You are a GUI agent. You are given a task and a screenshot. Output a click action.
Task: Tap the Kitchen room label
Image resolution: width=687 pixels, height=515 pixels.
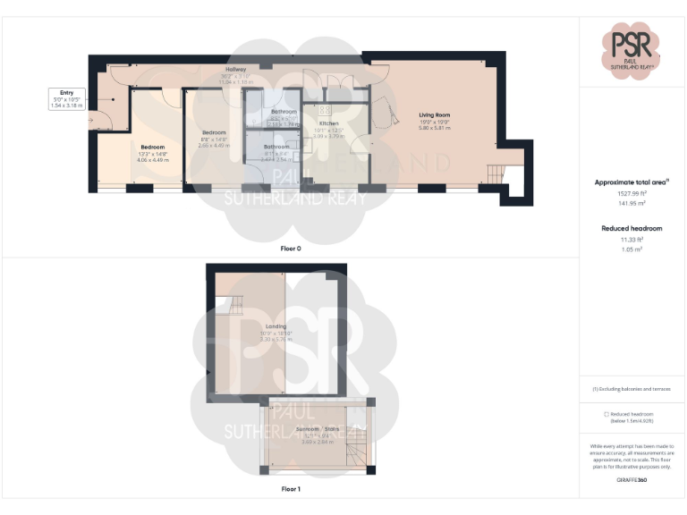click(328, 122)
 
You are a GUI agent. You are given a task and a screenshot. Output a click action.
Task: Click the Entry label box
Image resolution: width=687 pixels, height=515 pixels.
click(66, 98)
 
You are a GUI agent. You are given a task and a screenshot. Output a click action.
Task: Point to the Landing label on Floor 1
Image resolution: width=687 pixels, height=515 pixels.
click(276, 327)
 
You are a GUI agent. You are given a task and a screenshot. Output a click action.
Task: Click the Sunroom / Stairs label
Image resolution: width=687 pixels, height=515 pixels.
click(318, 429)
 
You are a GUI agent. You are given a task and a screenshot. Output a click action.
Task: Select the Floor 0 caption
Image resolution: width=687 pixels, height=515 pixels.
click(290, 248)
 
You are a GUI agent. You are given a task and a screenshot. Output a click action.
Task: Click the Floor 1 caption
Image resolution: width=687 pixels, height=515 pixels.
click(290, 489)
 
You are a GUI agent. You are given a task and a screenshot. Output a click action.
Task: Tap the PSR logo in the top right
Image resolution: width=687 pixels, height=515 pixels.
click(632, 48)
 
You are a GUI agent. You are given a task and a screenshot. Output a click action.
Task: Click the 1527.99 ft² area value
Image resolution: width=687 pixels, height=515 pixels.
click(632, 194)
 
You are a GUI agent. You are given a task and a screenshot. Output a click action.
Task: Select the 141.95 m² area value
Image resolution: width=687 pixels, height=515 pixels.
click(632, 205)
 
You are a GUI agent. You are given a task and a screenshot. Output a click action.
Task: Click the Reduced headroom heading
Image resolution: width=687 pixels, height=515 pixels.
click(632, 229)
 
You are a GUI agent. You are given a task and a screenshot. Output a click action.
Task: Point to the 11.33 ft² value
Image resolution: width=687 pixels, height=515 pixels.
click(632, 240)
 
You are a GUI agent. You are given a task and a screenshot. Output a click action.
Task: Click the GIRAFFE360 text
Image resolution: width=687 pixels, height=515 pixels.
click(632, 480)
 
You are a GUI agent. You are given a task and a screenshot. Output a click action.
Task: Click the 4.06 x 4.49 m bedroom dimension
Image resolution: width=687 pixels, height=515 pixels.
click(154, 161)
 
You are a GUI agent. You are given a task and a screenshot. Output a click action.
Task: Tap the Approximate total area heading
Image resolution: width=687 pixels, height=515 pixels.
click(632, 182)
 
